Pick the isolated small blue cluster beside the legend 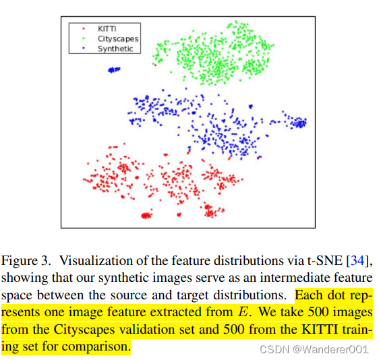pos(116,69)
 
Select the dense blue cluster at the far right pos(297,122)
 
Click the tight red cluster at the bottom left pos(146,216)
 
